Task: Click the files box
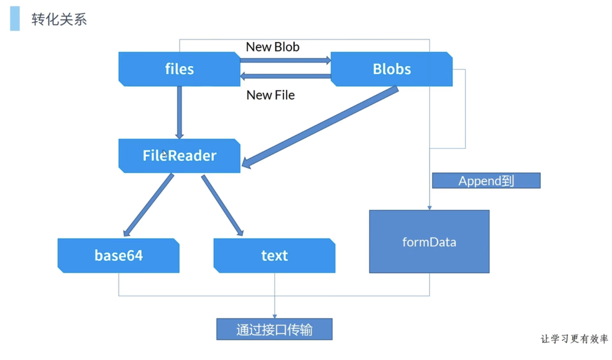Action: coord(179,69)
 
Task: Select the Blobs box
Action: coord(391,69)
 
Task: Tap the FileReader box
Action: coord(179,155)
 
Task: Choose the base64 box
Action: coord(118,256)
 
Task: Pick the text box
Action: coord(274,256)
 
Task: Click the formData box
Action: coord(429,242)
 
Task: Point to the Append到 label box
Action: coord(486,181)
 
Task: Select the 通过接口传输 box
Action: coord(274,329)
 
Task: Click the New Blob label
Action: coord(272,47)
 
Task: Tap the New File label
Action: coord(270,95)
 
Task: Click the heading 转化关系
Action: coord(59,19)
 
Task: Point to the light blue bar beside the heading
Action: coord(15,18)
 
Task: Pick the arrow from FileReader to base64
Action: coord(148,205)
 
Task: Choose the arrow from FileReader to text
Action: coord(222,205)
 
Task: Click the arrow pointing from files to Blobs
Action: coord(285,61)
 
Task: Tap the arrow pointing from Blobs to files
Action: coord(285,76)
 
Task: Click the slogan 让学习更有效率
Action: coord(574,339)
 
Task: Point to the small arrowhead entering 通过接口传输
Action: coord(274,316)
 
